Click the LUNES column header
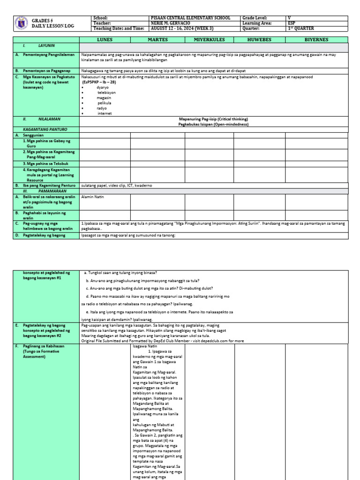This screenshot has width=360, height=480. tap(105, 40)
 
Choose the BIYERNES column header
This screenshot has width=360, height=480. tap(316, 40)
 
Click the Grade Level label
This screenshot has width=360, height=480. tap(255, 18)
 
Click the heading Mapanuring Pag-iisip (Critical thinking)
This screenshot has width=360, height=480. tap(213, 119)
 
